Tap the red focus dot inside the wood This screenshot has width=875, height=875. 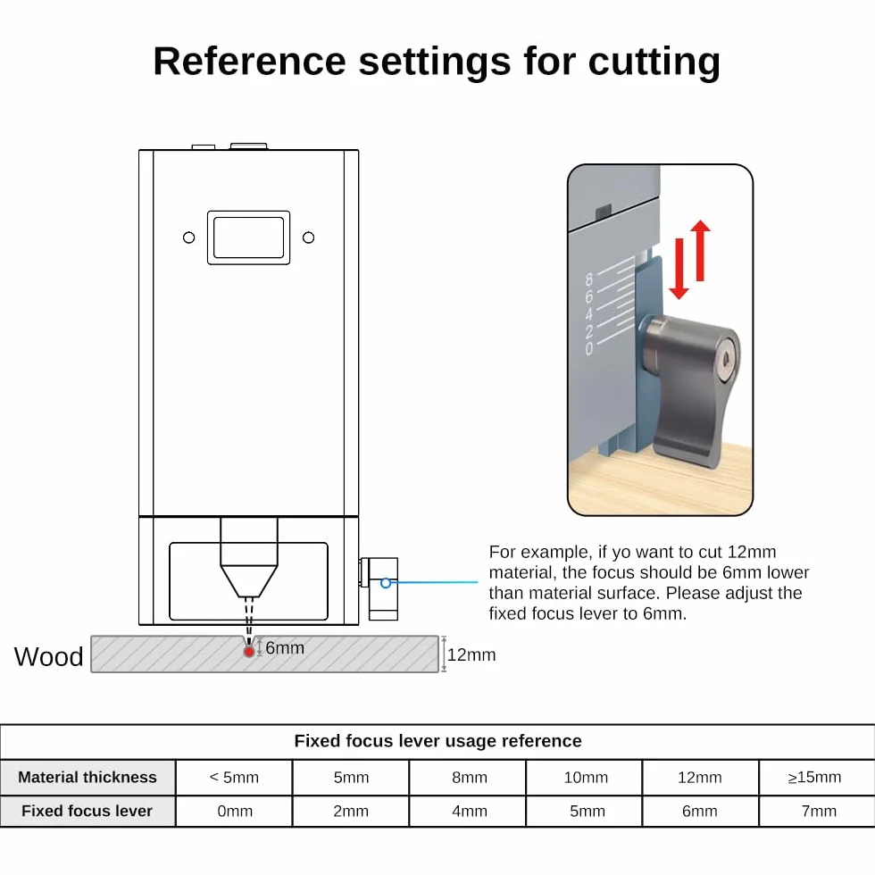click(249, 651)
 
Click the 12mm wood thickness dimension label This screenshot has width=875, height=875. click(471, 654)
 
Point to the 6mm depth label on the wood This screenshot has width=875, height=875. click(285, 648)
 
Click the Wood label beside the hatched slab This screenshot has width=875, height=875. click(48, 656)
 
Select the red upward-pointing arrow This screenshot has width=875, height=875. click(700, 251)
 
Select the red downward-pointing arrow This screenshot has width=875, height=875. click(679, 269)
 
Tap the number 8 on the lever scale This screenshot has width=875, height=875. click(588, 279)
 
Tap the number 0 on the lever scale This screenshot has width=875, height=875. click(588, 349)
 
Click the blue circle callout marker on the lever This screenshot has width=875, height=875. click(386, 583)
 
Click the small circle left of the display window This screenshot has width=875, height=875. click(189, 237)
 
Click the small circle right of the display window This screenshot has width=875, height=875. click(309, 237)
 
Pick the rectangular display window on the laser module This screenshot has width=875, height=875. click(249, 237)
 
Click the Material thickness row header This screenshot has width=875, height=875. click(87, 778)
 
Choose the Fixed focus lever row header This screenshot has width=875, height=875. click(87, 811)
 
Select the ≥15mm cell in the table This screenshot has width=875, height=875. click(814, 778)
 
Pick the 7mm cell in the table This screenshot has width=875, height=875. click(819, 811)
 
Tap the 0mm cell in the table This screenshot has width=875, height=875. click(234, 811)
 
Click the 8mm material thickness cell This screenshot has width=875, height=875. click(470, 778)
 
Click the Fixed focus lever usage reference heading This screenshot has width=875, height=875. click(438, 740)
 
